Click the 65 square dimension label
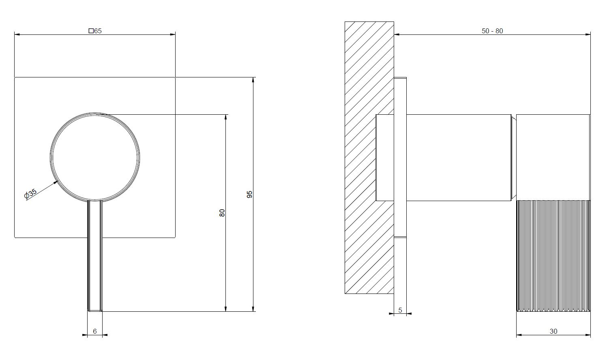coord(95,31)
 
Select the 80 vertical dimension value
coord(222,213)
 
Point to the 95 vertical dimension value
coord(250,194)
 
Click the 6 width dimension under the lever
coord(95,331)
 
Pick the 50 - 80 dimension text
coord(492,31)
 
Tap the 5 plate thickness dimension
coord(400,310)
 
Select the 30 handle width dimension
coord(553,331)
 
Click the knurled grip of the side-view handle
coord(553,256)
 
